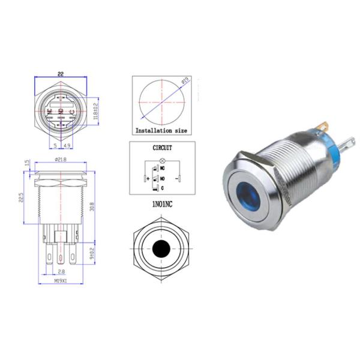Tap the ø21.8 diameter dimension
point(61,159)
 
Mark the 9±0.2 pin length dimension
point(92,255)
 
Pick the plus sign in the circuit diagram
point(148,178)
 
